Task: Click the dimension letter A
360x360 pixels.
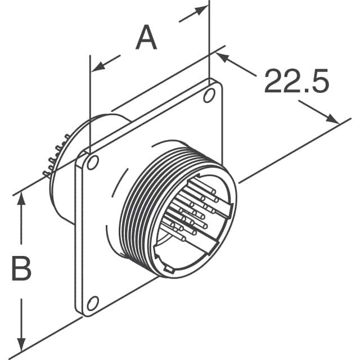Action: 146,38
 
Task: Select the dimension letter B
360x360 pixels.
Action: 21,269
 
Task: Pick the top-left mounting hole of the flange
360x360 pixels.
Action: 93,163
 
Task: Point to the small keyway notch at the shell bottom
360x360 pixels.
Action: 168,271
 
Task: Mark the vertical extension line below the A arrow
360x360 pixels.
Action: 89,112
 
